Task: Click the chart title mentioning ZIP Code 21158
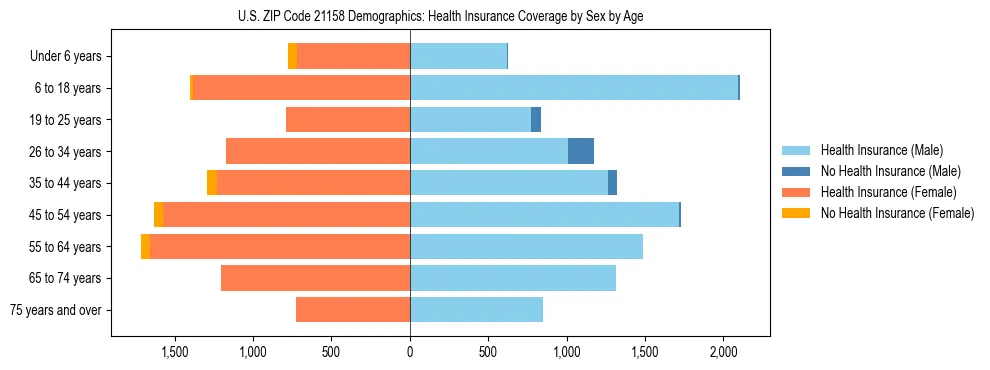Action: (x=440, y=16)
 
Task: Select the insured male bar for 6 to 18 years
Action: (x=574, y=88)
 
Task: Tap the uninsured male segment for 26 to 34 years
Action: (x=581, y=151)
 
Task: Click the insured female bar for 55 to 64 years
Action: (x=280, y=246)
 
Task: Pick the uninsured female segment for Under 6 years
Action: (x=292, y=56)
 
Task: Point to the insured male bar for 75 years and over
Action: (x=476, y=310)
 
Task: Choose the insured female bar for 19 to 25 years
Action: (x=348, y=120)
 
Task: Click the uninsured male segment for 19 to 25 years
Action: (x=536, y=120)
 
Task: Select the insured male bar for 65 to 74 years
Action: (x=513, y=278)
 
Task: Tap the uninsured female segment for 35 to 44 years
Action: (x=212, y=183)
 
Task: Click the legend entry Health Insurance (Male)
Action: (x=881, y=150)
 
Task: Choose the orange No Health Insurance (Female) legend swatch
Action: (x=796, y=213)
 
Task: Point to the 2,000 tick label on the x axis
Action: (x=724, y=352)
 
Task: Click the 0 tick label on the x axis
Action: (x=410, y=352)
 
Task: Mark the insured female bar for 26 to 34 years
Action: (x=318, y=151)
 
